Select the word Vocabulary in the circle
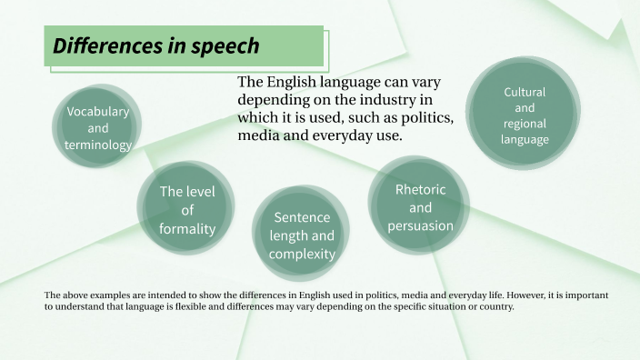pos(98,111)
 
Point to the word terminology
pos(98,145)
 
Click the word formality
pos(187,229)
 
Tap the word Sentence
pos(302,218)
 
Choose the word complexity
pos(302,254)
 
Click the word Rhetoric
pos(420,189)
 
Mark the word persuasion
pos(420,225)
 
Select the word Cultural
pos(525,92)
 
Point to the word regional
pos(525,125)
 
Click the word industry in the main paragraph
pos(384,100)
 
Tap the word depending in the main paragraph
pos(271,100)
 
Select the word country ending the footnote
pos(495,307)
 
